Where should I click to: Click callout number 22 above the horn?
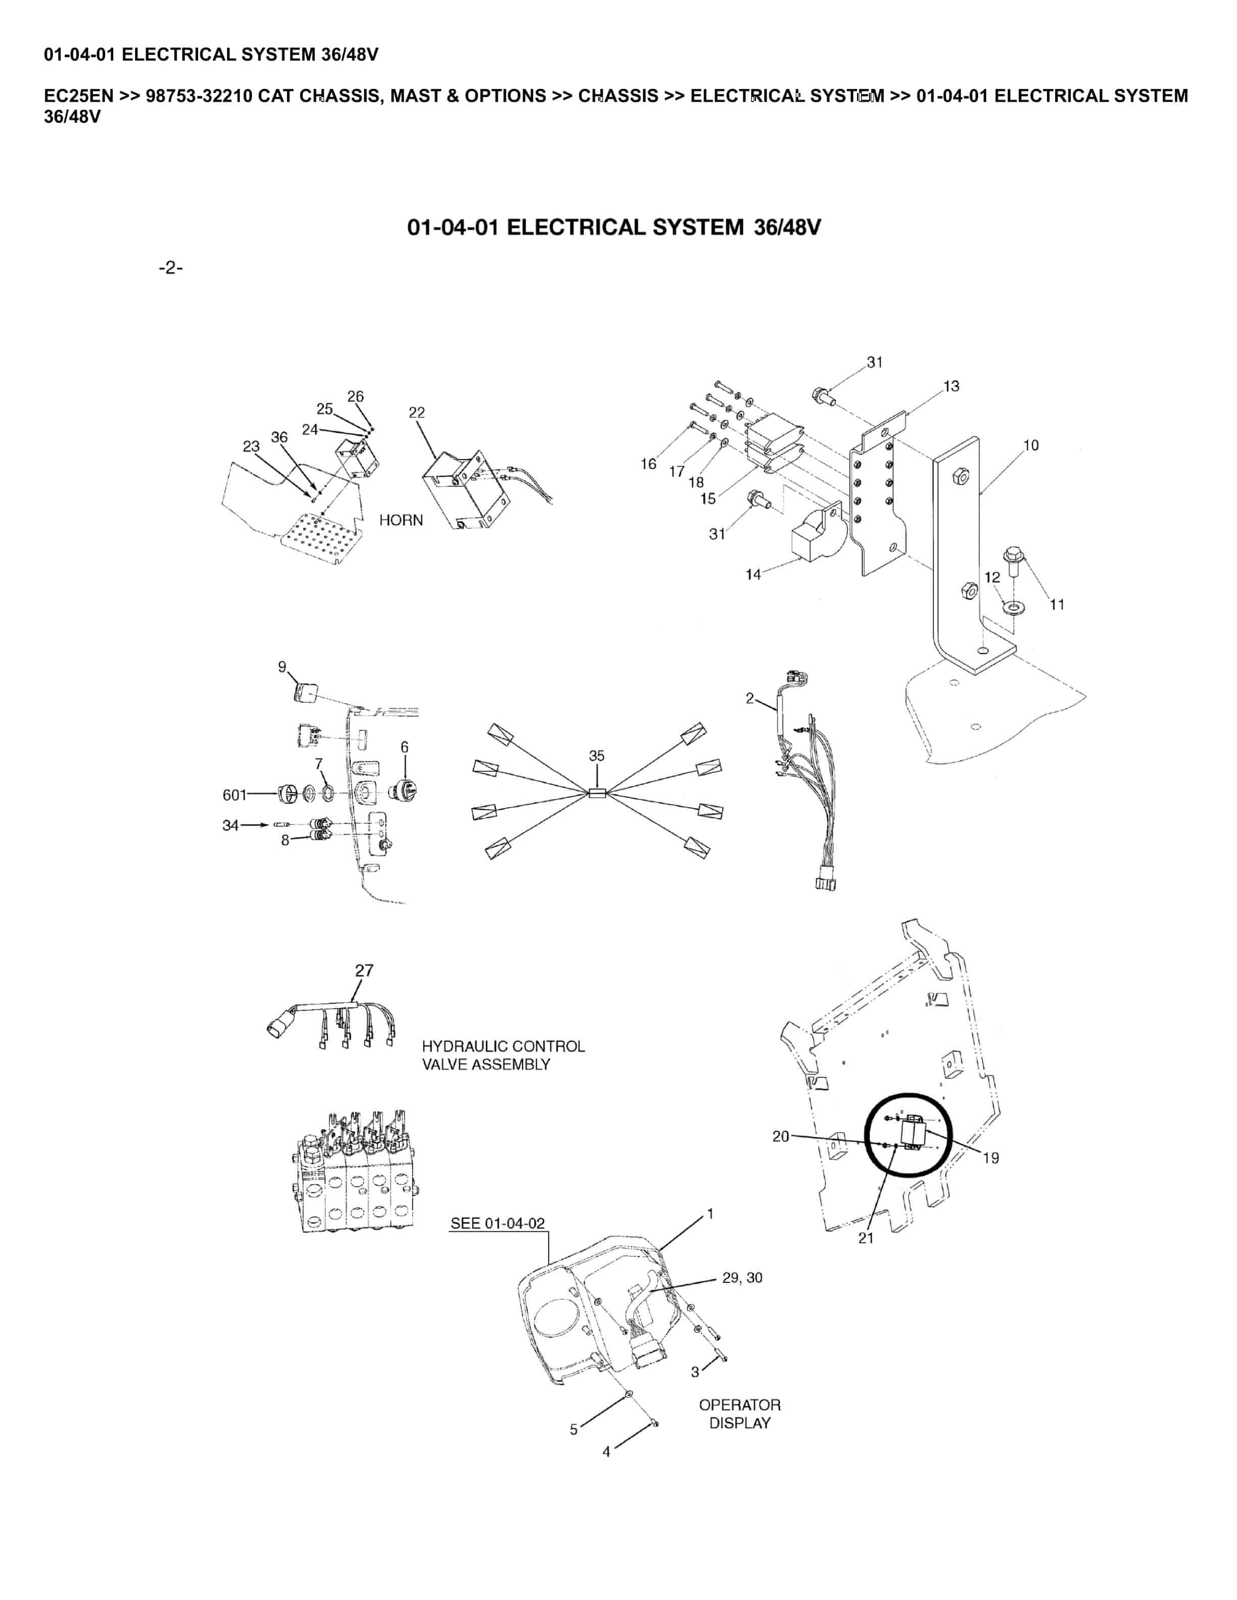click(416, 413)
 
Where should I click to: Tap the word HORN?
click(401, 520)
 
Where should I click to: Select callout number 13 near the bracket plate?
click(951, 386)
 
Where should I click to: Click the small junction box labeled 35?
click(596, 792)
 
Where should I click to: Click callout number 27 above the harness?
click(364, 971)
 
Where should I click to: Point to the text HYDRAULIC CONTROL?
click(503, 1046)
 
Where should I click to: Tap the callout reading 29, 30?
click(742, 1278)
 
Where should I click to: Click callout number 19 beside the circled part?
click(990, 1158)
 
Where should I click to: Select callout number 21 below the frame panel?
click(866, 1237)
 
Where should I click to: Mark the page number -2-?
click(170, 267)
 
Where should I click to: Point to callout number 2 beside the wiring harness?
click(750, 698)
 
